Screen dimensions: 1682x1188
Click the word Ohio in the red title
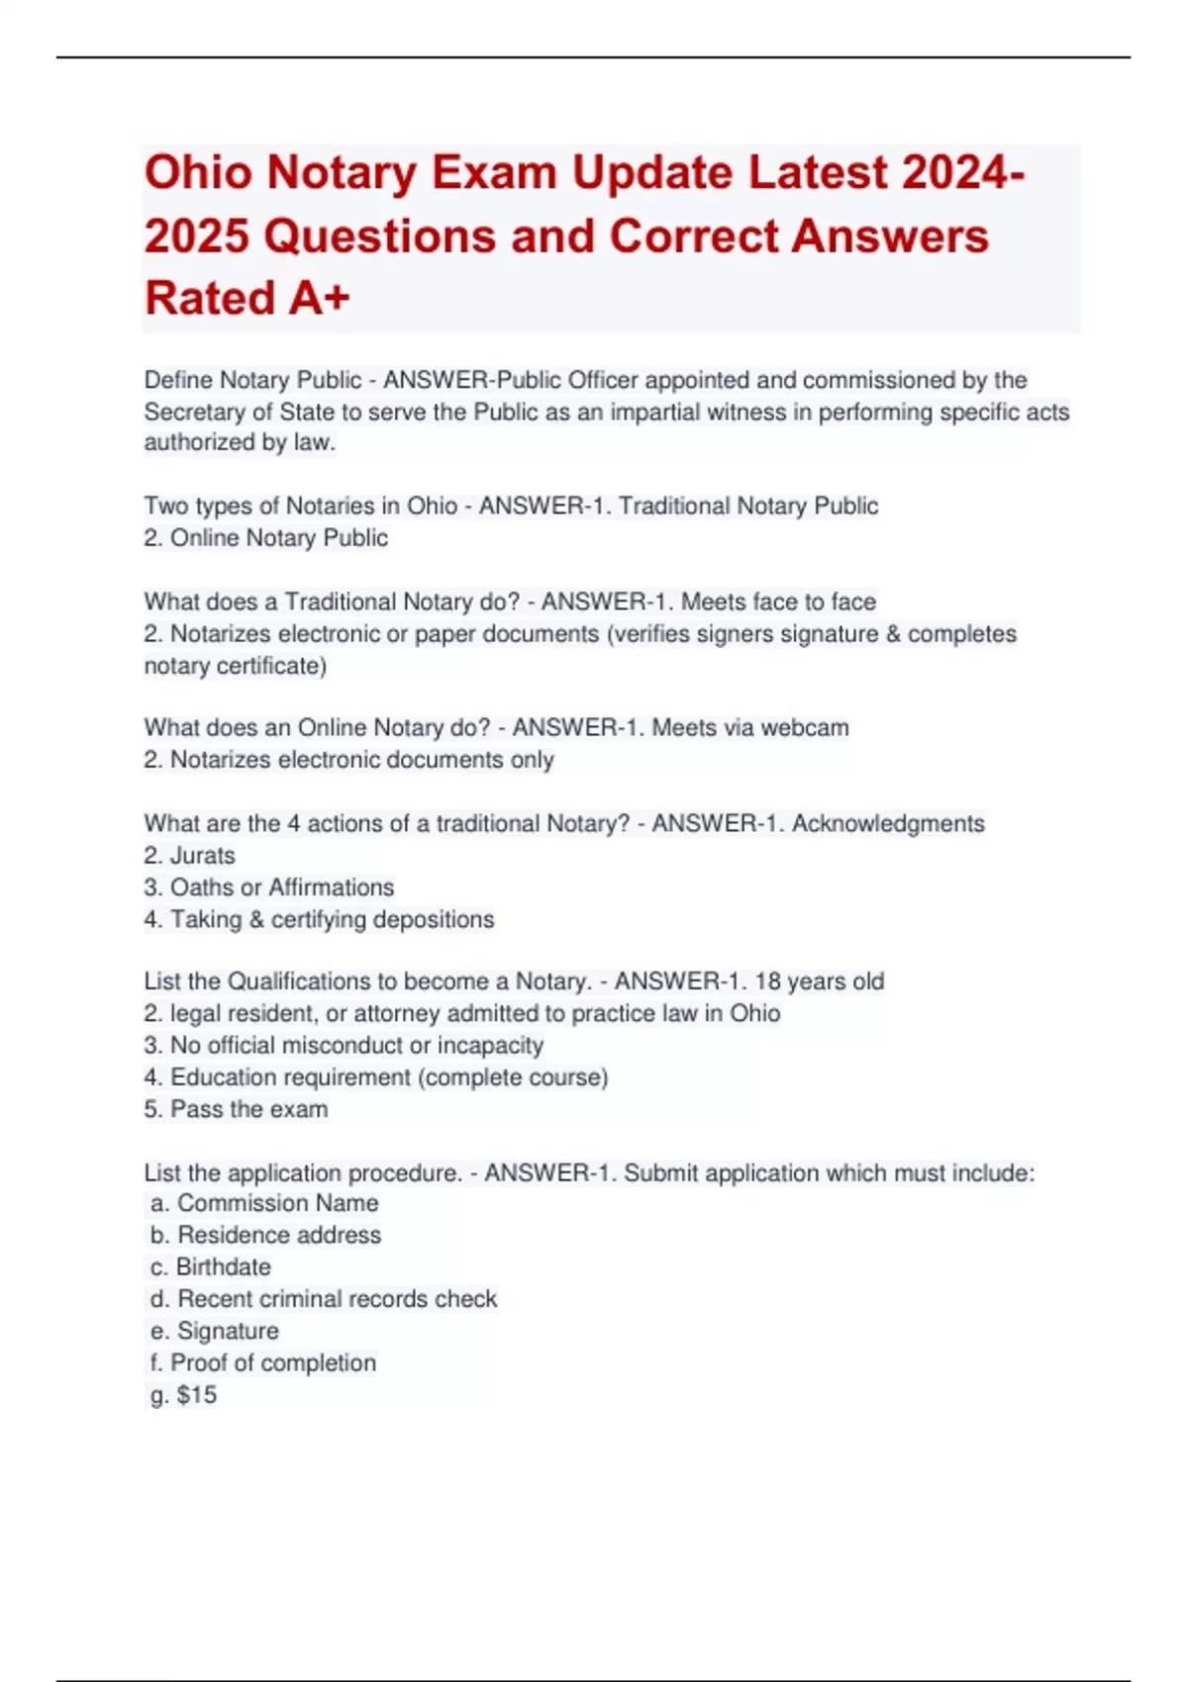(198, 173)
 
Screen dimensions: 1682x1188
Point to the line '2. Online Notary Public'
(265, 538)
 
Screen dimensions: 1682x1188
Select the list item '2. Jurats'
(189, 856)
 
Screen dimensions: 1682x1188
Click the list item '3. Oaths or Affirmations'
(268, 888)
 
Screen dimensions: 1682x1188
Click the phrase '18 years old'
(819, 981)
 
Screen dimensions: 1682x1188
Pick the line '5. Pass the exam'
(236, 1109)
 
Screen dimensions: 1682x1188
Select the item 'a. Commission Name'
(264, 1203)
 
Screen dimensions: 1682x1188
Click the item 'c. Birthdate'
(210, 1267)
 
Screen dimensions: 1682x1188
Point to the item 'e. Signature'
(215, 1331)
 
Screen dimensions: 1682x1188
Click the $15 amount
(196, 1395)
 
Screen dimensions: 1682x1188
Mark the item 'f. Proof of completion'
(263, 1363)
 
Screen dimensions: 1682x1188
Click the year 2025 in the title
(195, 236)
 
